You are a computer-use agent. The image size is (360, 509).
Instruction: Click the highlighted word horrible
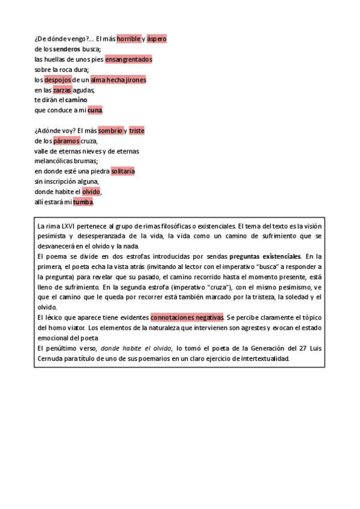[x=128, y=39]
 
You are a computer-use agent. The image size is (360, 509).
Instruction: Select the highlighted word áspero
[x=157, y=39]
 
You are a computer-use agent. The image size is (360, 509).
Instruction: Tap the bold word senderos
[x=65, y=49]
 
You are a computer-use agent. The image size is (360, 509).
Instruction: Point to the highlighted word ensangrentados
[x=128, y=59]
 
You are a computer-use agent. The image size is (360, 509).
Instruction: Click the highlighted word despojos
[x=58, y=80]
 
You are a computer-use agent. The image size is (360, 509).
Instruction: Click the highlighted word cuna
[x=95, y=110]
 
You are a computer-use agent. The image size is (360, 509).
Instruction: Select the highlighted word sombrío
[x=110, y=131]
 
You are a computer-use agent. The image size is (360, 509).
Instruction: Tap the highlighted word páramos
[x=66, y=141]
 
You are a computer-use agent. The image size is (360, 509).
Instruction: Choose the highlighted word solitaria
[x=123, y=172]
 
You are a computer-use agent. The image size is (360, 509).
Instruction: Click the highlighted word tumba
[x=83, y=202]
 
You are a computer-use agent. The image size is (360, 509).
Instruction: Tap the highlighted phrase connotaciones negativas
[x=187, y=318]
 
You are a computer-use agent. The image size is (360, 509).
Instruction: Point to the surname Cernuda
[x=50, y=359]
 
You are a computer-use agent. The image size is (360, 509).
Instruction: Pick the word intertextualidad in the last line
[x=263, y=359]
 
